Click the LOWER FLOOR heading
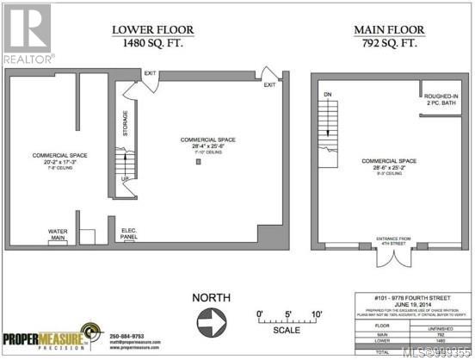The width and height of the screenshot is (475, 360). point(152,30)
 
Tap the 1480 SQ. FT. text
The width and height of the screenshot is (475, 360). point(152,44)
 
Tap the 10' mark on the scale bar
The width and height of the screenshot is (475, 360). point(317,313)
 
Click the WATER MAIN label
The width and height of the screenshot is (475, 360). point(59,233)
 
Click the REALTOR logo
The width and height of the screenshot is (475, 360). point(28,33)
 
